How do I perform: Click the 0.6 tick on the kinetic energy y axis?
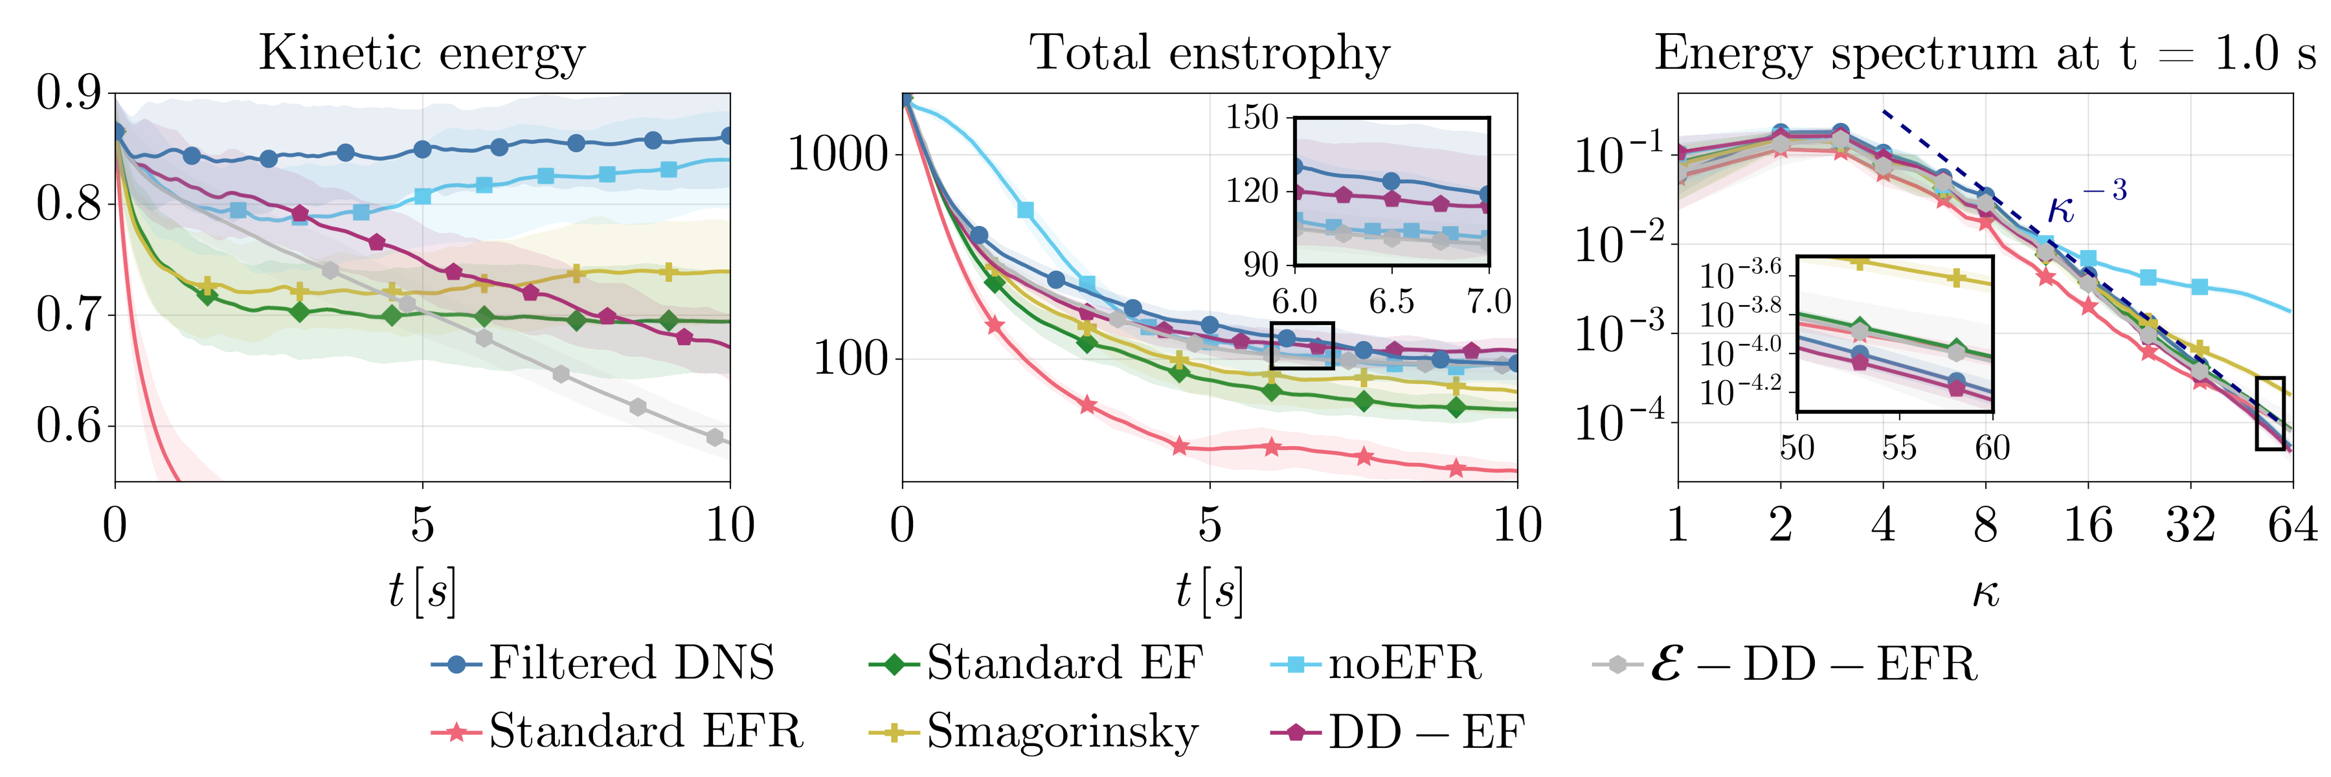coord(69,425)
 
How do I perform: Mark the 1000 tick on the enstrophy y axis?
coord(838,153)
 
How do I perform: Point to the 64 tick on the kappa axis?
coord(2293,526)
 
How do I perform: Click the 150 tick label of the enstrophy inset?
coord(1252,118)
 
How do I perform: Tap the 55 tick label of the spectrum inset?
coord(1898,448)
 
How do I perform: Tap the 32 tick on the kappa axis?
coord(2190,526)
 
